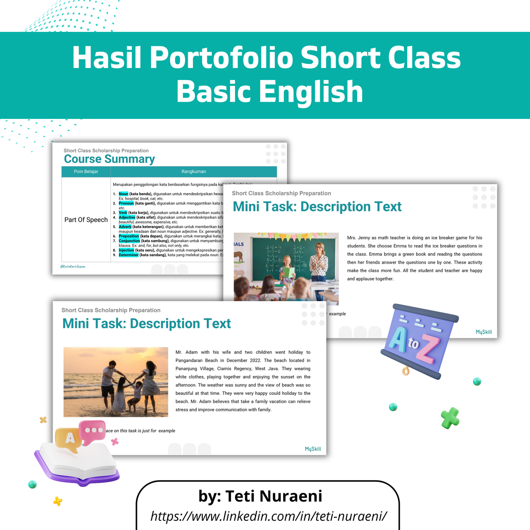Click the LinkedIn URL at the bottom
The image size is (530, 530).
[269, 515]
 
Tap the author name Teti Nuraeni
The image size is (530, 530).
[261, 496]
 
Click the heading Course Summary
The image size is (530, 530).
[110, 159]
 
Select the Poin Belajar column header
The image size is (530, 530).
[86, 171]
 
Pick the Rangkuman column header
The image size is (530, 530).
[193, 171]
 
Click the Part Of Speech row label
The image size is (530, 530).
[86, 220]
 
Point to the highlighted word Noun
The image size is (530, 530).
[123, 194]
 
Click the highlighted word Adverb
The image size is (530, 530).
[125, 227]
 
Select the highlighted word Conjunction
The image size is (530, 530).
[129, 241]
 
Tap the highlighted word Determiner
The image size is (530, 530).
[129, 255]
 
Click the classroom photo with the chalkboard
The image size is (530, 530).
[286, 266]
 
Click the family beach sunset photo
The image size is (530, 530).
[116, 382]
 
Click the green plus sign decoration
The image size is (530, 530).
[450, 418]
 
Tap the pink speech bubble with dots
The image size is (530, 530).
[93, 431]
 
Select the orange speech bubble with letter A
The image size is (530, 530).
[69, 439]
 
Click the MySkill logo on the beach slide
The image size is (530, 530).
[313, 449]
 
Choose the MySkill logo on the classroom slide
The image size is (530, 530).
[484, 332]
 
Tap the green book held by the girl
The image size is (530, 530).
[288, 272]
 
